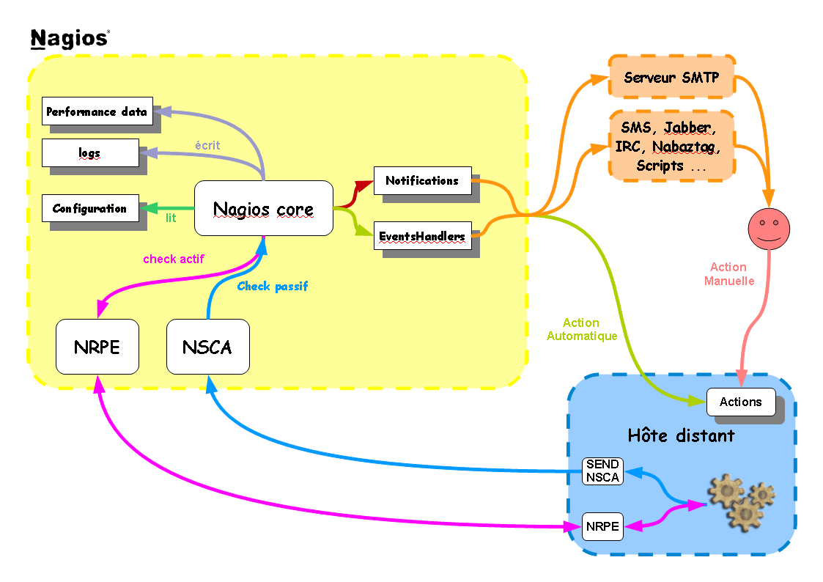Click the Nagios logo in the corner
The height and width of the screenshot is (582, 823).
70,38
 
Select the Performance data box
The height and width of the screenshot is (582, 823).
97,111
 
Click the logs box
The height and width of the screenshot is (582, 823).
89,152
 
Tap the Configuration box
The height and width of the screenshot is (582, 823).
89,208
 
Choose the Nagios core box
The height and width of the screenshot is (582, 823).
263,209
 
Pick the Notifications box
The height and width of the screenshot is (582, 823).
422,180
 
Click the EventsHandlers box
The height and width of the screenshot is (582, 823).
422,236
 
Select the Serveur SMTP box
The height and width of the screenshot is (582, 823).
671,76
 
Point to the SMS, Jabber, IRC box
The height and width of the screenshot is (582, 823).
671,145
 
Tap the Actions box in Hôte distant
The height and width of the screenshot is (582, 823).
741,402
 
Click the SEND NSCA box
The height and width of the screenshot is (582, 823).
602,471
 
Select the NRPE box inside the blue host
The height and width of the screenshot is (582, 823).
602,526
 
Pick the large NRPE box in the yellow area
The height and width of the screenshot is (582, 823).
97,347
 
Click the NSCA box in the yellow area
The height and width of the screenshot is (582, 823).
208,347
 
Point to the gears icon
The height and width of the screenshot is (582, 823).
741,500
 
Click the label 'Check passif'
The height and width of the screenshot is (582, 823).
273,287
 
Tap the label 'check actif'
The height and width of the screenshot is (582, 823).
174,259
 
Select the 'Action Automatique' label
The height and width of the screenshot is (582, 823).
582,329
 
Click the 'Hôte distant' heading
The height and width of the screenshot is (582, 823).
681,435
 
